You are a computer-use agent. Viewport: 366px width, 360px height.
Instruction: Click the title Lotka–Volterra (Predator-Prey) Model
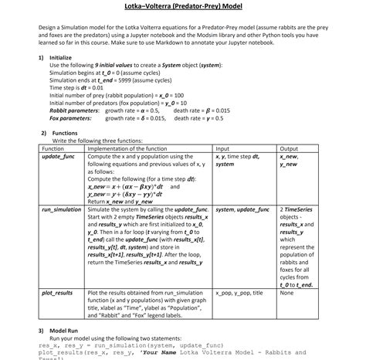pyautogui.click(x=183, y=7)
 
